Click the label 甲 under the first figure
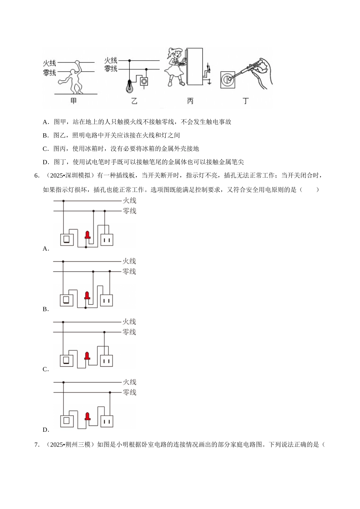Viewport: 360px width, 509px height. click(x=74, y=101)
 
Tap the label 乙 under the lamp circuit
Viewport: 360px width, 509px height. click(x=134, y=101)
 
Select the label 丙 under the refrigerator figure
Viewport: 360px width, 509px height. click(x=190, y=101)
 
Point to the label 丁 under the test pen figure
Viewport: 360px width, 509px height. click(x=246, y=101)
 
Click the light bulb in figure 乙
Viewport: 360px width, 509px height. click(x=130, y=87)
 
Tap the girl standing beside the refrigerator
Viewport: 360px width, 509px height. click(x=175, y=67)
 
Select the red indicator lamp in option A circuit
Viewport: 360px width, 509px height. click(x=88, y=235)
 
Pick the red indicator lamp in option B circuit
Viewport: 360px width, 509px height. click(x=87, y=296)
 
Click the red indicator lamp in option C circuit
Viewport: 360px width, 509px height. click(x=87, y=356)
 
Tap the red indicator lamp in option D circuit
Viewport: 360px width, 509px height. click(x=88, y=417)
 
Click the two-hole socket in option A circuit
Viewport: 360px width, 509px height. click(x=107, y=240)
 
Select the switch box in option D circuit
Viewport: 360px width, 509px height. click(x=67, y=421)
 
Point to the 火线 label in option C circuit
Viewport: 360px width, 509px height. click(x=129, y=322)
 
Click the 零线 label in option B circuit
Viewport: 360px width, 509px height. click(x=129, y=272)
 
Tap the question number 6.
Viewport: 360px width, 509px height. click(x=37, y=176)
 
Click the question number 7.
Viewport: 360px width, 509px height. click(x=37, y=445)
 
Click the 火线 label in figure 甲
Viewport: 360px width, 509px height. click(x=50, y=63)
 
